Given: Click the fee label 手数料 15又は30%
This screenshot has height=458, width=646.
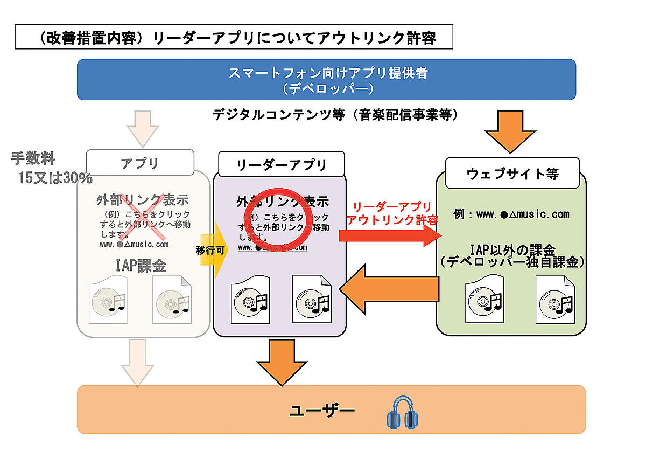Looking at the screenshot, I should click(x=52, y=168).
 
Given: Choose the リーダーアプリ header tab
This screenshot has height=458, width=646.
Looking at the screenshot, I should click(x=282, y=165).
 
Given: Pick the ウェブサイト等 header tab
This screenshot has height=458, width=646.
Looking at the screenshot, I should click(x=512, y=173).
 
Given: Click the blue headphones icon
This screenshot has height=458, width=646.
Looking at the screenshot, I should click(x=403, y=413).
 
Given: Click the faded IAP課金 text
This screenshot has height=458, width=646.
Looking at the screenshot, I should click(x=143, y=266).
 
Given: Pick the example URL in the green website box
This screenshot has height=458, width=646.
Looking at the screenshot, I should click(x=511, y=214).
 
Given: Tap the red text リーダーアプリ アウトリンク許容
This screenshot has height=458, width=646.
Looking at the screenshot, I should click(x=391, y=213).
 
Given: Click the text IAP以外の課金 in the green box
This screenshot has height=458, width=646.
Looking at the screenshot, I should click(x=511, y=249).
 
